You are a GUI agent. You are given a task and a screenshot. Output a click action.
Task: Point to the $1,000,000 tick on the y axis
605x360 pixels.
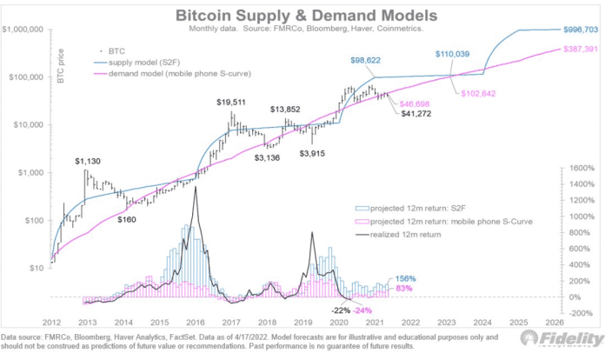[x=25, y=30]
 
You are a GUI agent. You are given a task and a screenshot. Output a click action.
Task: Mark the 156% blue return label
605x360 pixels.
[x=407, y=279]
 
